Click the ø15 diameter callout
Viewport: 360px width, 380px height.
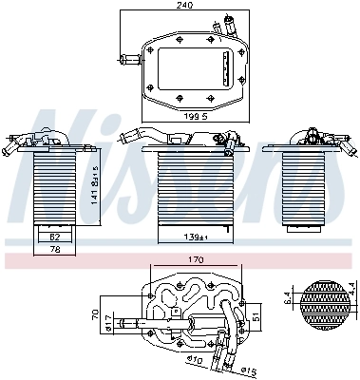click(248, 370)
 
